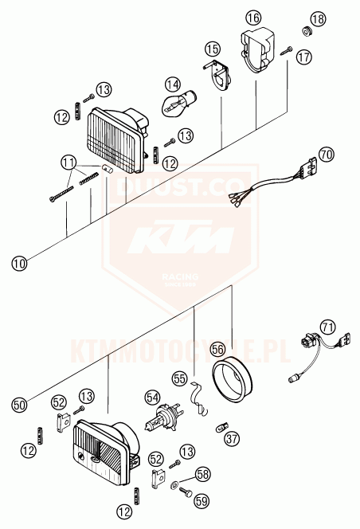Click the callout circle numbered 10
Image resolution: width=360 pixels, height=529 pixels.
18,260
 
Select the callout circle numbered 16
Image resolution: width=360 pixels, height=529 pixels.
253,18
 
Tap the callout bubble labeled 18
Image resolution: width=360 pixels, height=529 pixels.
318,18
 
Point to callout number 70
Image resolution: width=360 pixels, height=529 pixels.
326,153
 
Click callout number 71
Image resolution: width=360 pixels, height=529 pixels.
327,326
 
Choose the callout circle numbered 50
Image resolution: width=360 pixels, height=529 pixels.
19,403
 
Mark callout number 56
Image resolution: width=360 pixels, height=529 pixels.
217,348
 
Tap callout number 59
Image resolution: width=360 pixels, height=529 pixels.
202,501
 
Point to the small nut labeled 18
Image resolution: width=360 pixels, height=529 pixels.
305,32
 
